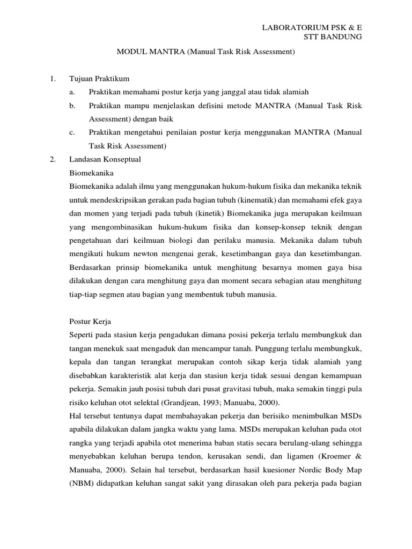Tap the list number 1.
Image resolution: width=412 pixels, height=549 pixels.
click(x=52, y=79)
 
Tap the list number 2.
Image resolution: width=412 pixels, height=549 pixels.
click(x=52, y=159)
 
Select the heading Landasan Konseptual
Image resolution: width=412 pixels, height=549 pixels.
click(x=105, y=159)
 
